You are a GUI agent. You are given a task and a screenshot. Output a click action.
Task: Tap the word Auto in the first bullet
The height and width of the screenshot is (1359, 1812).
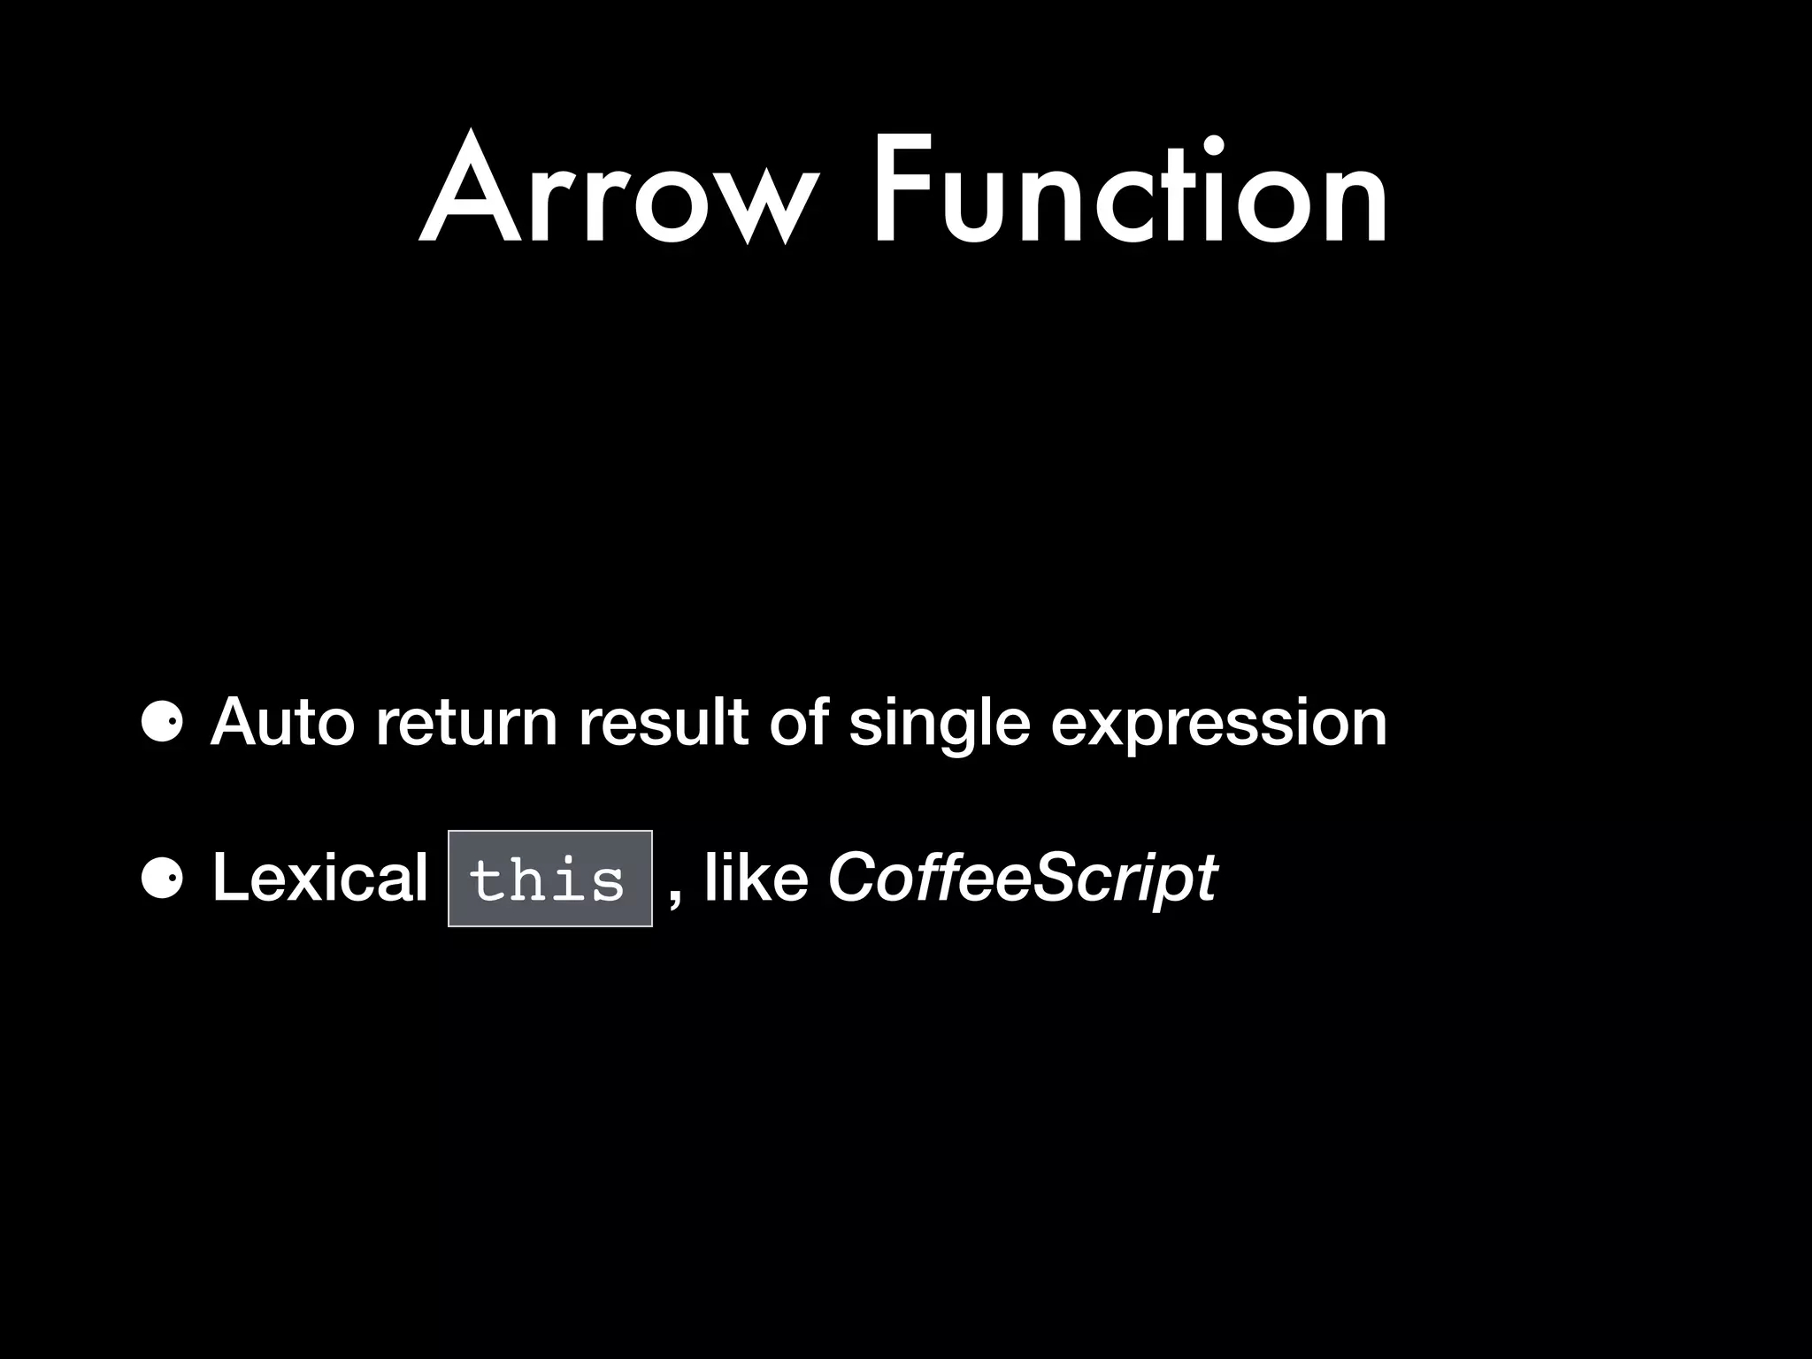click(282, 722)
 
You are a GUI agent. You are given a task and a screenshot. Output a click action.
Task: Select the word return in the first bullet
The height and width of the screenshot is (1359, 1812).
click(466, 722)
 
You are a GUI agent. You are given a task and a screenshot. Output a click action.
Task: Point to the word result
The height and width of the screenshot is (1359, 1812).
click(663, 722)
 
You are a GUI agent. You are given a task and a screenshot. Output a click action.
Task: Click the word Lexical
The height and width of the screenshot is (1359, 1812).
click(319, 878)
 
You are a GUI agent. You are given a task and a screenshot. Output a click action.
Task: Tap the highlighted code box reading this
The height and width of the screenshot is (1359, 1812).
click(549, 879)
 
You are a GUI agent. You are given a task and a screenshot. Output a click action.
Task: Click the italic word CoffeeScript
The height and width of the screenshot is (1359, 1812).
click(1022, 879)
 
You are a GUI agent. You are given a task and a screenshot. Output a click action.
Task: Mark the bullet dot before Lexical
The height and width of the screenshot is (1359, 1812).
click(162, 879)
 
